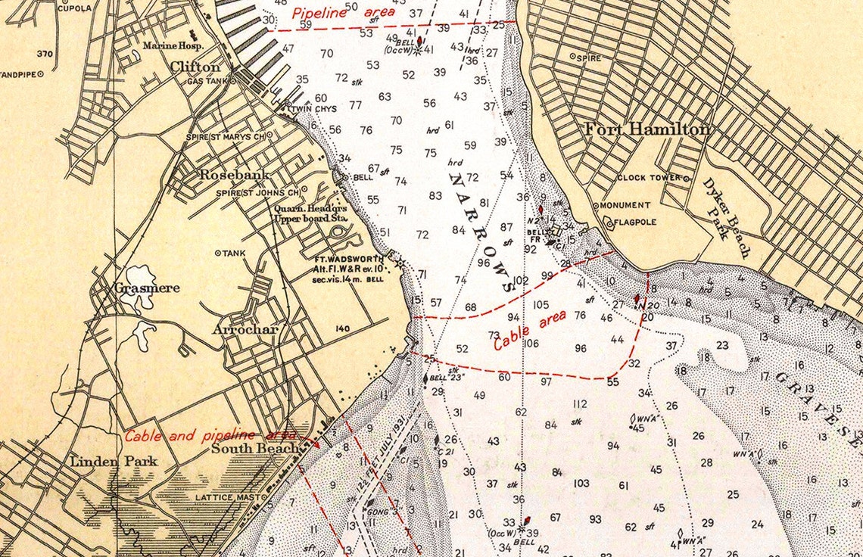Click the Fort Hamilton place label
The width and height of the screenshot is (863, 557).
point(647,130)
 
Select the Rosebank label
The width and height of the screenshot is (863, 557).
point(224,175)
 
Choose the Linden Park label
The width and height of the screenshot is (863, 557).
point(114,461)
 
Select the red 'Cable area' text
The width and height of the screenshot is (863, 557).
point(530,331)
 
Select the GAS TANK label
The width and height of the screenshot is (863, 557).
point(207,81)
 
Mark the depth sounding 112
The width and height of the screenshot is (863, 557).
point(580,404)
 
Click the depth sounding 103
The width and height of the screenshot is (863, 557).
point(581,483)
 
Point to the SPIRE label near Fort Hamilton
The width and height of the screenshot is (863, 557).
point(589,58)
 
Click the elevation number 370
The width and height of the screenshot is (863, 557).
point(45,54)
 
